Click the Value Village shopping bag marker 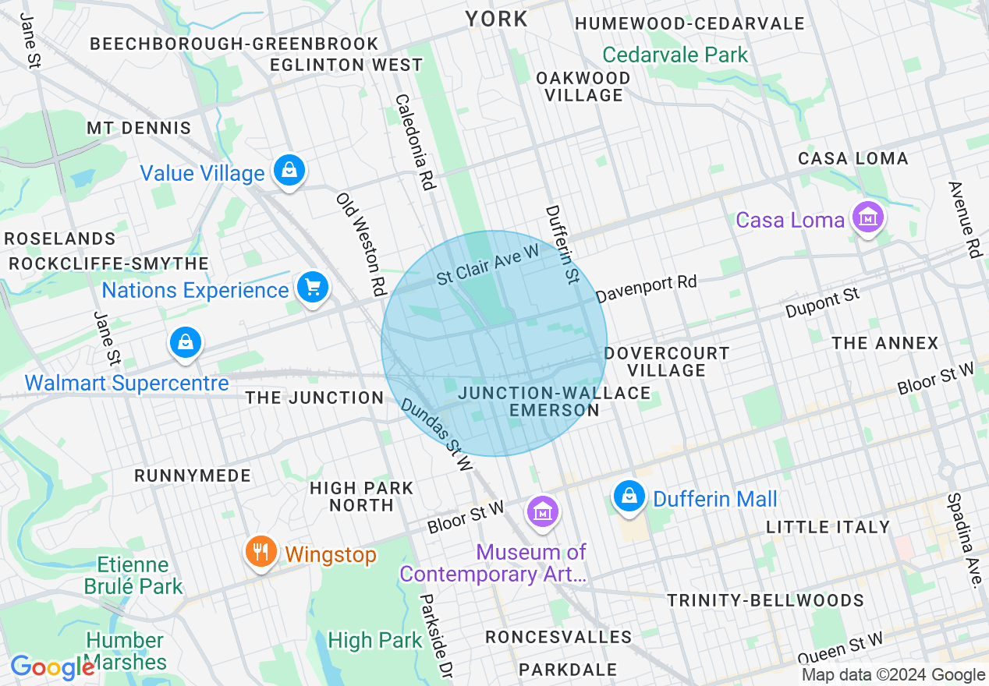(289, 168)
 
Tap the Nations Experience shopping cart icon (313, 288)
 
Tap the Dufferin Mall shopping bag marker (629, 495)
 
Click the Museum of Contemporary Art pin (542, 511)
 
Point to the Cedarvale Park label (675, 55)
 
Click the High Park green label (375, 641)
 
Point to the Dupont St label (823, 302)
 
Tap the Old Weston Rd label (362, 244)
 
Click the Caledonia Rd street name (414, 143)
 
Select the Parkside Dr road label (435, 636)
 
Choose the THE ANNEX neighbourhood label (884, 343)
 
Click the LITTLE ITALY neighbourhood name (828, 527)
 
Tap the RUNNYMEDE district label (193, 476)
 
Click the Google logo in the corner (52, 667)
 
